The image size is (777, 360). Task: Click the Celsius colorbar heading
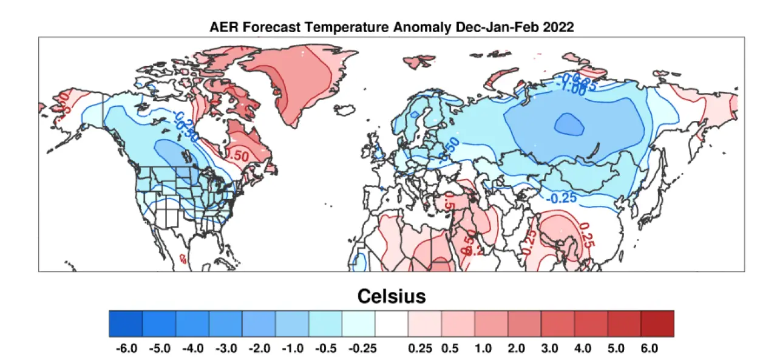pyautogui.click(x=391, y=296)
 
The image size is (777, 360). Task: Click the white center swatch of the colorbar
pyautogui.click(x=391, y=324)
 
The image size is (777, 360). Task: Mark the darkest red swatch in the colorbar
pyautogui.click(x=657, y=324)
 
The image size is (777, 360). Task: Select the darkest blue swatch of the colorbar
pyautogui.click(x=126, y=324)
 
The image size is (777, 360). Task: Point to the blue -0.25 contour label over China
pyautogui.click(x=561, y=199)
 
